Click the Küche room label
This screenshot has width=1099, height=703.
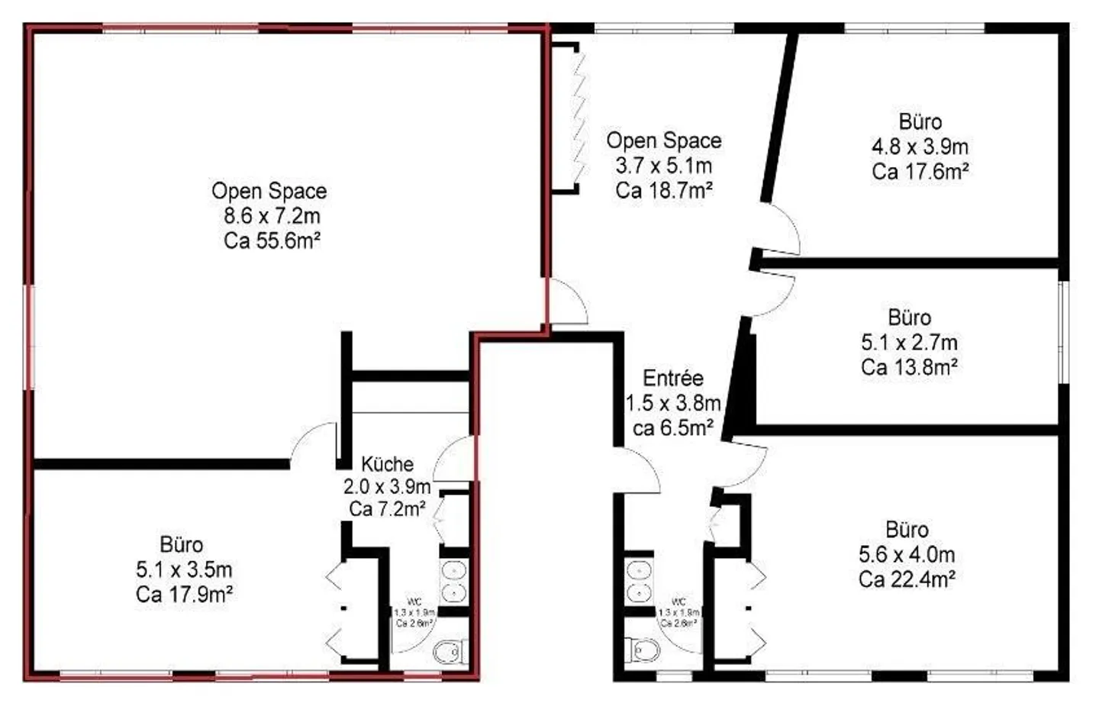pos(387,464)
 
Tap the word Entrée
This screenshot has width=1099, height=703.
pos(672,378)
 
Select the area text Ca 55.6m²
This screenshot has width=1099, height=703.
pos(272,240)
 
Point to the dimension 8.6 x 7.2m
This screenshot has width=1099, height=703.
pos(272,216)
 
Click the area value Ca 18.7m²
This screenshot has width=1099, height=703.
pos(664,190)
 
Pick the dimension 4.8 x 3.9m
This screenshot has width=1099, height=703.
pos(920,147)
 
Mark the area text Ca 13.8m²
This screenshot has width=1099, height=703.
pos(909,367)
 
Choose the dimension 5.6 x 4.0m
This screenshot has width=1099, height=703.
pos(907,555)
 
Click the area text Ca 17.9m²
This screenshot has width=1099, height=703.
pos(184,594)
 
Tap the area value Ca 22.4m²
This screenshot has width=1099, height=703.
pos(907,579)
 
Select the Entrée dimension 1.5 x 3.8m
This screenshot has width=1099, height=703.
pos(673,403)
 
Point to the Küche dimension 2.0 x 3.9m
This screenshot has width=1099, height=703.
pos(387,486)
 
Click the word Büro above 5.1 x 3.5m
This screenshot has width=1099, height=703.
pos(182,545)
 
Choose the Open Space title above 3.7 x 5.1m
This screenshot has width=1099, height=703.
pos(664,140)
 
